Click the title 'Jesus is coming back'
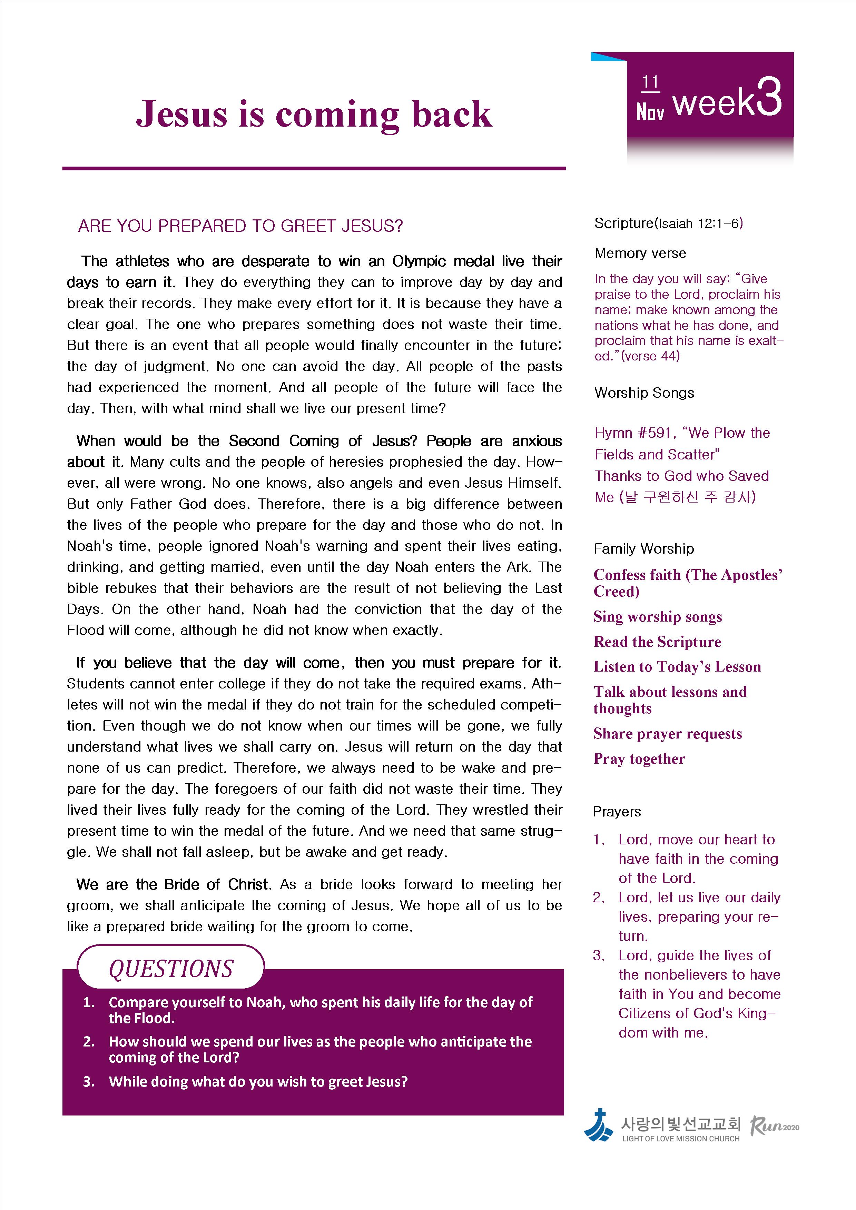(314, 115)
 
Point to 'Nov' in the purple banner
(650, 111)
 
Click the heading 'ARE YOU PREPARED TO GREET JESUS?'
(240, 226)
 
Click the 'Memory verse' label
(640, 254)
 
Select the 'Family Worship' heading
(643, 549)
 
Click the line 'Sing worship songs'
(657, 617)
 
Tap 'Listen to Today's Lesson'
(677, 667)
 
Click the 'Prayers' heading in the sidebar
(617, 812)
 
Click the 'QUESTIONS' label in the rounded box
(171, 969)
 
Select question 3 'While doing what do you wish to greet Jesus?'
(258, 1082)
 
